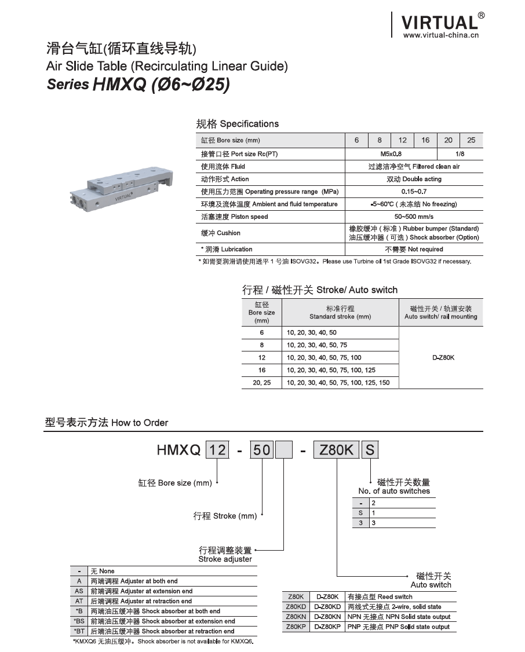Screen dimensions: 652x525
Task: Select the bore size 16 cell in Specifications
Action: pos(425,140)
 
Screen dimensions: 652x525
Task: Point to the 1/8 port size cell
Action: pos(460,154)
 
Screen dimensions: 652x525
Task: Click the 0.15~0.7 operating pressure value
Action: pos(414,192)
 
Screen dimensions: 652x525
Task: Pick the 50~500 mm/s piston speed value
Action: pos(414,217)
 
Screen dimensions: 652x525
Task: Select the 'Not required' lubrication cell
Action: pos(414,250)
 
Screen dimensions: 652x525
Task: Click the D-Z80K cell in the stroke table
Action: pos(443,358)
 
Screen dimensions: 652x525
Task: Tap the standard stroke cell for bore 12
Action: pos(323,358)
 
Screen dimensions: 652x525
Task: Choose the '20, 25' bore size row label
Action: pos(261,383)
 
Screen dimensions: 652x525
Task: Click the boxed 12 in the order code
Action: pos(217,449)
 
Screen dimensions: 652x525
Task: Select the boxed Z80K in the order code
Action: pos(336,449)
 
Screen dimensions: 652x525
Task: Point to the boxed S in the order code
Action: pos(370,449)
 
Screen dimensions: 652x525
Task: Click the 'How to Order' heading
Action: pos(107,423)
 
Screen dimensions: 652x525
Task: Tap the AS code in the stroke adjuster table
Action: pos(79,591)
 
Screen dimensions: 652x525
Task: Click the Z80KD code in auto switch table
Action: pos(296,607)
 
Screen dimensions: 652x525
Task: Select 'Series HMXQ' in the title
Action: pos(138,85)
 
